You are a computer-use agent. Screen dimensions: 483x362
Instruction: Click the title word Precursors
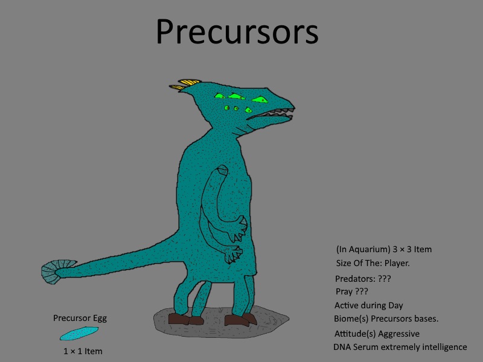(237, 31)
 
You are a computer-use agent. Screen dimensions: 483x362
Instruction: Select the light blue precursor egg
(79, 334)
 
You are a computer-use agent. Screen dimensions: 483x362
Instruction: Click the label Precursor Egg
(80, 319)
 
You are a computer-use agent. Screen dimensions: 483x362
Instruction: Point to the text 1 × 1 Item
(83, 351)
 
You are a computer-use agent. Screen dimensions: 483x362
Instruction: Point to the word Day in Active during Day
(395, 305)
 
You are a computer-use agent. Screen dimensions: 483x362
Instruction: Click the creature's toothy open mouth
(271, 115)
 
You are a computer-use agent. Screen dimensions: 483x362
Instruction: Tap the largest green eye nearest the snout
(260, 100)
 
